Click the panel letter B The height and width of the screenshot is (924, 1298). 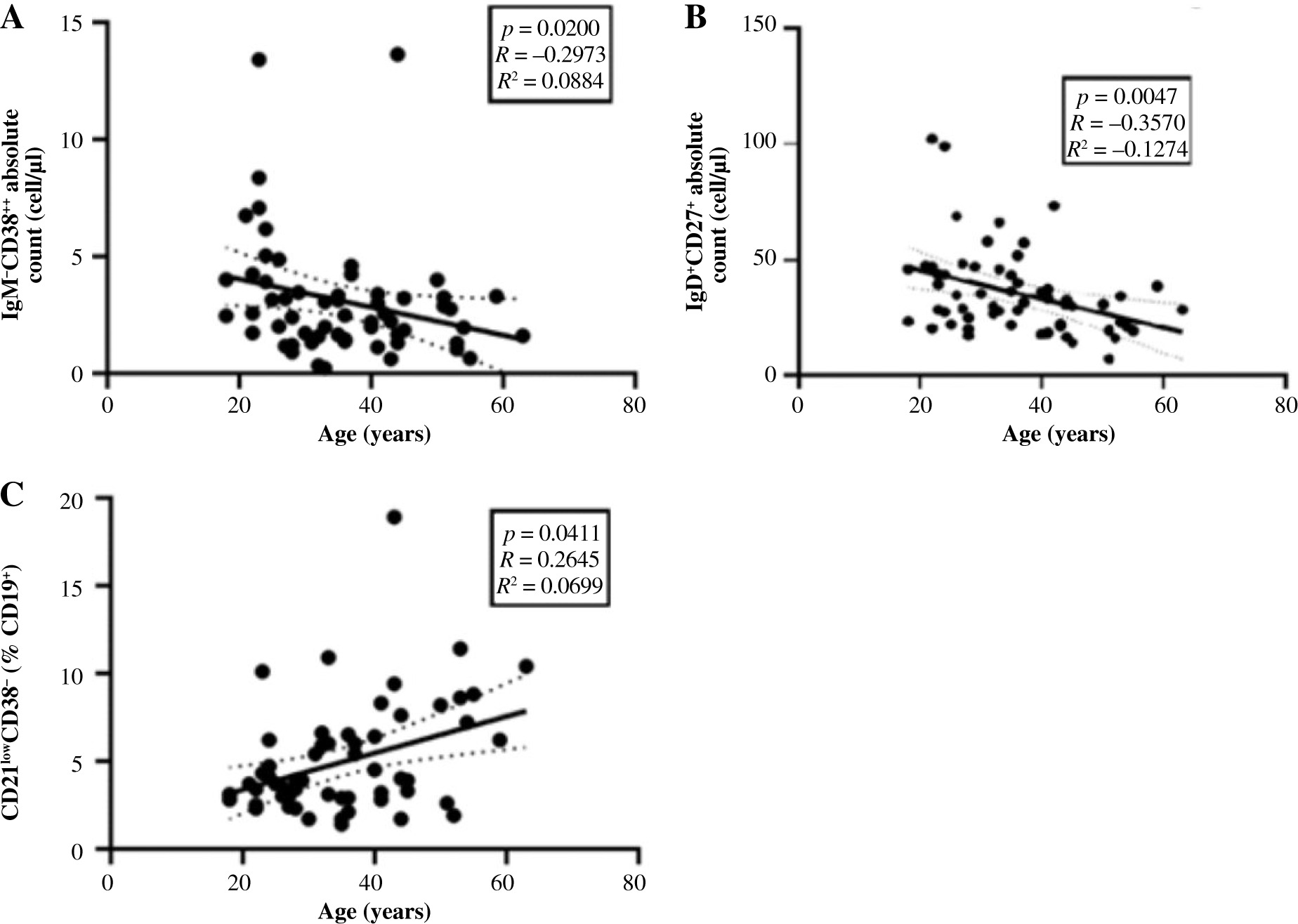(x=695, y=19)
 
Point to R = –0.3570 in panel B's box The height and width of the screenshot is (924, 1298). (x=1127, y=123)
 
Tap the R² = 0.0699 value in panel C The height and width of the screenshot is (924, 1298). (x=549, y=584)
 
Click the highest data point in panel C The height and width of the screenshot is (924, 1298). (x=394, y=517)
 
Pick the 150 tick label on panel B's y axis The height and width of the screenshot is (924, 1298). (x=761, y=27)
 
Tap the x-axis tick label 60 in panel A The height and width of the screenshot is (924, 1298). (x=502, y=407)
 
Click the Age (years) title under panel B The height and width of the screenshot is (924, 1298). (x=1058, y=435)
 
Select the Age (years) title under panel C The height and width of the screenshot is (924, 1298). (x=374, y=911)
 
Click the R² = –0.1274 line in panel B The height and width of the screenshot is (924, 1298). (x=1126, y=149)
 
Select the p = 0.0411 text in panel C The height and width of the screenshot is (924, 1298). (x=551, y=534)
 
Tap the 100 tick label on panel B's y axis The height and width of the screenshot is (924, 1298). (x=761, y=143)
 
